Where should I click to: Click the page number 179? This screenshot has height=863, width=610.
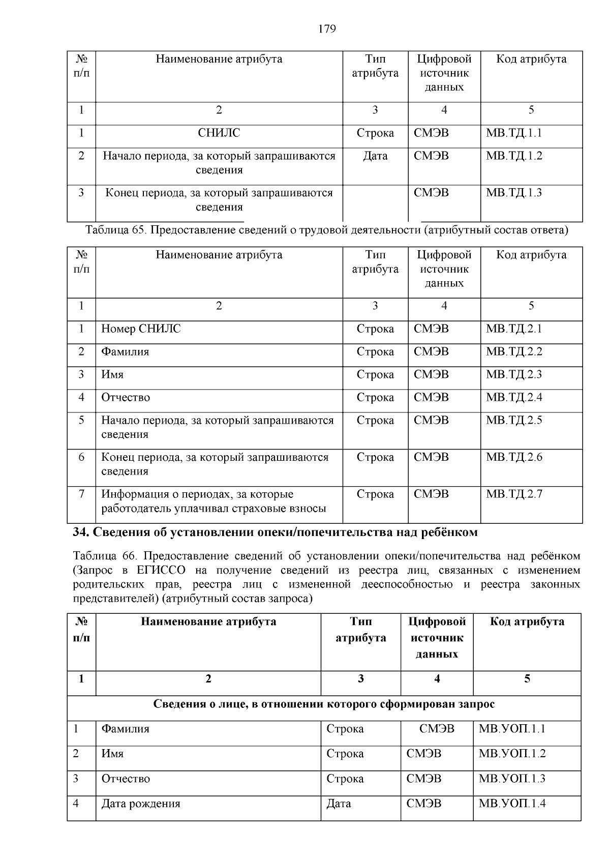click(327, 29)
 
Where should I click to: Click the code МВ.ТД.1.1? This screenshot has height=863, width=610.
click(514, 133)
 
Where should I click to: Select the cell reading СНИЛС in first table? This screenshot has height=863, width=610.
click(219, 133)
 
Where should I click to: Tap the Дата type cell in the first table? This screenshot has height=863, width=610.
click(375, 156)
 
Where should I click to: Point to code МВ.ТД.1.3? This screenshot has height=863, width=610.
click(514, 193)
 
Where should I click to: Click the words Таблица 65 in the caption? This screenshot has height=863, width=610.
click(116, 230)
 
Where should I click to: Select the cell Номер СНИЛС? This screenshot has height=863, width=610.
click(141, 329)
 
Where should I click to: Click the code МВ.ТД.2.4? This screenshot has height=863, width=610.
click(514, 398)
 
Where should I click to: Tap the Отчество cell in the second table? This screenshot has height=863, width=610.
click(126, 398)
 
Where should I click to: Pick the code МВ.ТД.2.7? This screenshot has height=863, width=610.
click(514, 494)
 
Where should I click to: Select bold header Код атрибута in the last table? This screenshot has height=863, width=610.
click(527, 621)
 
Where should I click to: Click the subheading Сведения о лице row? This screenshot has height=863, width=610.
click(324, 704)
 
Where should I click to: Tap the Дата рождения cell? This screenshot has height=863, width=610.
click(141, 804)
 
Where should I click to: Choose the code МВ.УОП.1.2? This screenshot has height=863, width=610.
click(512, 754)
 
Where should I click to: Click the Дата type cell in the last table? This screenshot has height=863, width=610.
click(339, 804)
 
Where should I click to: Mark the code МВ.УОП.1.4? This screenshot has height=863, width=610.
click(512, 804)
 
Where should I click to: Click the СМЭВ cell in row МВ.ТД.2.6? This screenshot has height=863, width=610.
click(431, 457)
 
